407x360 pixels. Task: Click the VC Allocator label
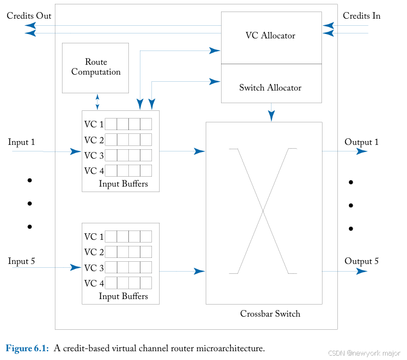click(x=270, y=36)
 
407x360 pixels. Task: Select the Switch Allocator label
click(x=270, y=88)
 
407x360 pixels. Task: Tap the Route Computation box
click(x=96, y=67)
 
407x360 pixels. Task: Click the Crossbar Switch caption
click(x=270, y=314)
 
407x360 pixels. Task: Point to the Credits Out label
click(x=29, y=16)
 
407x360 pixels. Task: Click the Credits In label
click(x=361, y=16)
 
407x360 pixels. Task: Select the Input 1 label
click(x=21, y=142)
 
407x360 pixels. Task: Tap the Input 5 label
click(x=21, y=261)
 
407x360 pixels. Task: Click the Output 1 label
click(x=361, y=142)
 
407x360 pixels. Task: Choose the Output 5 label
click(x=361, y=261)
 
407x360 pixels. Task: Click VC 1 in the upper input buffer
click(x=94, y=124)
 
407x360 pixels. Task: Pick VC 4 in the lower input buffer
click(x=94, y=283)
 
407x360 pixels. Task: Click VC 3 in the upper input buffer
click(x=94, y=155)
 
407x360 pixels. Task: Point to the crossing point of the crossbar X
click(x=263, y=211)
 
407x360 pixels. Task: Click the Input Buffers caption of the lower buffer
click(x=123, y=296)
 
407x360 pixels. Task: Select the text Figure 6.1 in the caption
click(x=27, y=348)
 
